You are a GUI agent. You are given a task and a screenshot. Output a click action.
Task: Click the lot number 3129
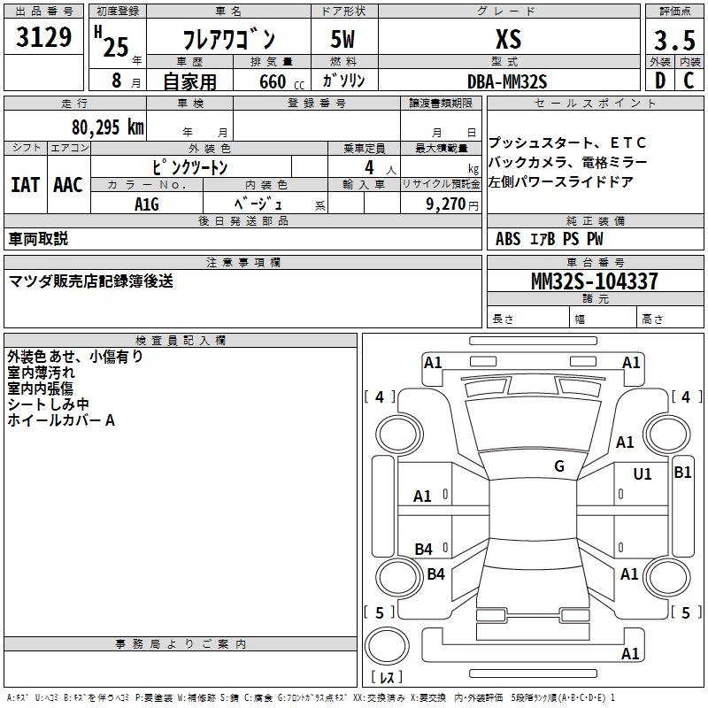coord(43,38)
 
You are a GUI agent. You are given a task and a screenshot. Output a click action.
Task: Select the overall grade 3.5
coord(673,41)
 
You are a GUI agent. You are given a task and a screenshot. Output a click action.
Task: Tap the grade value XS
coord(508,39)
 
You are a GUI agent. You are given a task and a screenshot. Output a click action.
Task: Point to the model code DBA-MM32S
coord(507,81)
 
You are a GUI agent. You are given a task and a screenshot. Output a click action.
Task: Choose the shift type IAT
coord(25,185)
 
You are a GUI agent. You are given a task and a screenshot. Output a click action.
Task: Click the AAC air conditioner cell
coord(68,185)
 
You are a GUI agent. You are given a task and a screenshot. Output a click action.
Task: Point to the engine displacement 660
coord(272,82)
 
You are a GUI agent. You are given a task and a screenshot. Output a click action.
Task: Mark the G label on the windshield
coord(559,466)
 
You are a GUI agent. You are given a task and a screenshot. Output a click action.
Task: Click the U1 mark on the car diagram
coord(643,474)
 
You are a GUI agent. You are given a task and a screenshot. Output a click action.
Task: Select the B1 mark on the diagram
coord(682,473)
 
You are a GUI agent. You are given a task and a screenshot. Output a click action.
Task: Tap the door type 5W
coord(345,40)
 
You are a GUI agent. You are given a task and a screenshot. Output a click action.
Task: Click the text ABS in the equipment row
coord(508,239)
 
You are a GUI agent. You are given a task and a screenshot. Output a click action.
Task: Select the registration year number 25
coord(116,46)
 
